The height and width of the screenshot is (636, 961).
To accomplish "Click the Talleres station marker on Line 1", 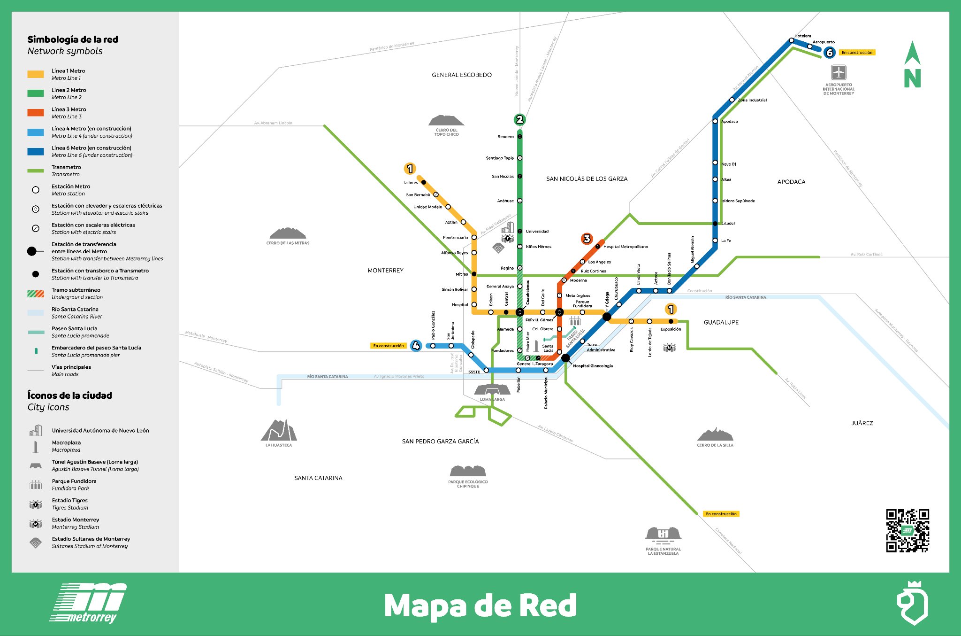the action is (x=423, y=182).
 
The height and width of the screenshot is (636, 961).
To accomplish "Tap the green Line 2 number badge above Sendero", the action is (x=519, y=119).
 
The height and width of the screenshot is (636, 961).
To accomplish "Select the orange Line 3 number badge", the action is (x=587, y=239).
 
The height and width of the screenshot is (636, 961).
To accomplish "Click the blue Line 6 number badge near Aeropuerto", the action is (x=830, y=53).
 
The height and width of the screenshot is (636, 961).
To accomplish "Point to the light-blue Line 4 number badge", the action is (x=416, y=346).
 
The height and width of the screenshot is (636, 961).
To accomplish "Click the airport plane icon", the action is (x=839, y=72).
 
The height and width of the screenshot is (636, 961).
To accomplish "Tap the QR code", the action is (x=908, y=530).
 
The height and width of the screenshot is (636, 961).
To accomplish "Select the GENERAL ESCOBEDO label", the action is (x=462, y=75).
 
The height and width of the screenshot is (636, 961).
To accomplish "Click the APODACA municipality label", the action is (x=791, y=182).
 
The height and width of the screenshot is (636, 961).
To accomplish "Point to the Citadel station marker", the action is (x=715, y=224).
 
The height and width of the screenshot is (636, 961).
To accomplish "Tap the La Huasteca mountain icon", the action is (x=279, y=430).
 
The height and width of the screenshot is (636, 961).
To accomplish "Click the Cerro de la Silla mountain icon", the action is (x=715, y=434).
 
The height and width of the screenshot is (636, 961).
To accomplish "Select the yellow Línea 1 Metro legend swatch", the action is (x=36, y=74).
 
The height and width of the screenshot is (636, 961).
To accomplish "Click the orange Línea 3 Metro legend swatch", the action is (x=36, y=113).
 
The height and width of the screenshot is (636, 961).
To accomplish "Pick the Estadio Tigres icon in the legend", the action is (x=36, y=504).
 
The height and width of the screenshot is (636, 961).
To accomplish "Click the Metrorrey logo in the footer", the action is (x=89, y=603).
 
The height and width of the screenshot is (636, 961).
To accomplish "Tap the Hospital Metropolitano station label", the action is (x=625, y=247).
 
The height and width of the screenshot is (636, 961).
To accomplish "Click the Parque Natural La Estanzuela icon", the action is (x=663, y=534).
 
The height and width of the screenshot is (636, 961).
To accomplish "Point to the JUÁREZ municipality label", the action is (x=862, y=423).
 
